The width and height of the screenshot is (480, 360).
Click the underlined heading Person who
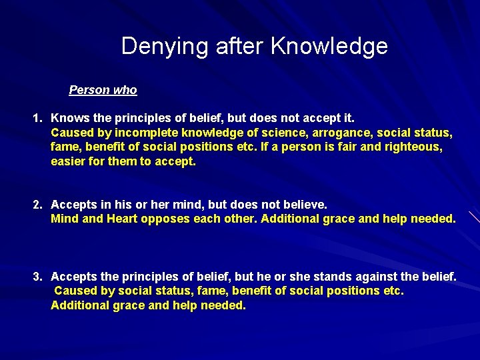103,90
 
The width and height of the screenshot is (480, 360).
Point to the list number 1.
37,118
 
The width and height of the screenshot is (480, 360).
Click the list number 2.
38,205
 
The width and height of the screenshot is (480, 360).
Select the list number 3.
38,276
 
